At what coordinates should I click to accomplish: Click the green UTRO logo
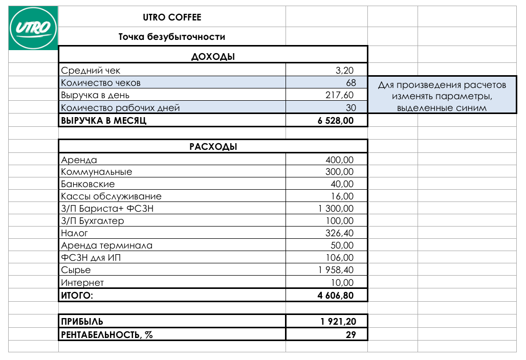coord(33,28)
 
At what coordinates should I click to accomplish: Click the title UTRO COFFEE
coord(172,17)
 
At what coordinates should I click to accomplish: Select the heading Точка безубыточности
coord(172,37)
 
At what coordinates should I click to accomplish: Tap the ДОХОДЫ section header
coord(213,57)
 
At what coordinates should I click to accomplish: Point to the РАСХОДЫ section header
coord(213,147)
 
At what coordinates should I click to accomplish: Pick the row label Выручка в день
coord(95,95)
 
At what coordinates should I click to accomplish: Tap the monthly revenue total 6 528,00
coord(335,121)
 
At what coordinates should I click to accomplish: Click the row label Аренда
coord(79,160)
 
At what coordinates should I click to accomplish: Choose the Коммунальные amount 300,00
coord(339,172)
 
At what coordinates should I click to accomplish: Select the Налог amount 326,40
coord(339,233)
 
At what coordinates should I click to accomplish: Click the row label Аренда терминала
coord(106,245)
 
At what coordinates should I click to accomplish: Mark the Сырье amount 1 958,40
coord(335,270)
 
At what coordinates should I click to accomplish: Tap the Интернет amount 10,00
coord(342,283)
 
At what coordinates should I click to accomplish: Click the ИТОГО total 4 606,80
coord(335,296)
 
